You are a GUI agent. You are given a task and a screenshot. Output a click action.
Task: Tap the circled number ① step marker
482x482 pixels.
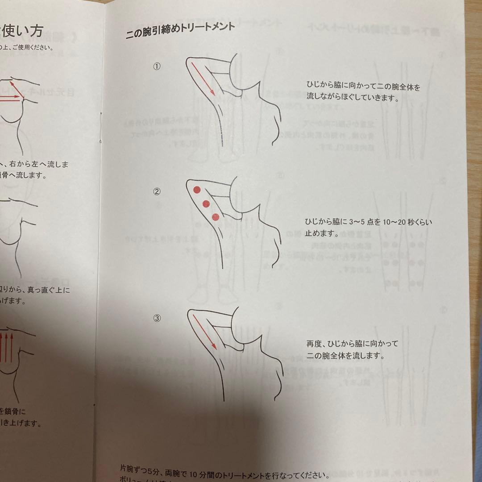[x=157, y=66]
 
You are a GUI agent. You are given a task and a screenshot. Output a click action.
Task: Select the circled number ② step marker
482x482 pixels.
[x=157, y=192]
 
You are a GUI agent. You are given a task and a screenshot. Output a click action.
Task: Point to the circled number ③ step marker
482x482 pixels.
[x=157, y=318]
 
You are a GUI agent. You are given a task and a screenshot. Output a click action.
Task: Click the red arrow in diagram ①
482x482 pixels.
[x=203, y=78]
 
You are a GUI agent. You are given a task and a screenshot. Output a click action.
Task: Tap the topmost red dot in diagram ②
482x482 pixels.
[x=196, y=191]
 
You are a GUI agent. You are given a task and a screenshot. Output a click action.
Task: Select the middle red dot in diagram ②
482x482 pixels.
[x=206, y=204]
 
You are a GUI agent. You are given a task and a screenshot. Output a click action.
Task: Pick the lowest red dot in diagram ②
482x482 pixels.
[x=216, y=217]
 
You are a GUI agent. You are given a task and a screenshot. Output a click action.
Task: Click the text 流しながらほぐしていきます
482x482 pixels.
[x=352, y=97]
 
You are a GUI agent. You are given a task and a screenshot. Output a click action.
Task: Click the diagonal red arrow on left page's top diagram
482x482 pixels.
[x=17, y=88]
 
